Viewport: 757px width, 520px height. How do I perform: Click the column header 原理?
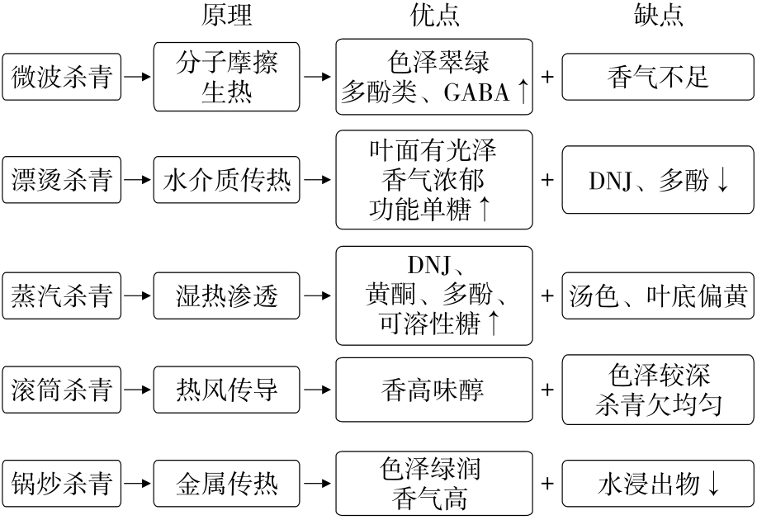pyautogui.click(x=227, y=16)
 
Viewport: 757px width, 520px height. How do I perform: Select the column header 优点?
pyautogui.click(x=435, y=16)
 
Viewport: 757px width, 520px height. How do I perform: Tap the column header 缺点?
pyautogui.click(x=658, y=16)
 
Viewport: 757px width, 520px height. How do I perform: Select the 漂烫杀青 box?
pyautogui.click(x=62, y=179)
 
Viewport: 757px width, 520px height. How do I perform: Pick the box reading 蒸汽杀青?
pyautogui.click(x=62, y=295)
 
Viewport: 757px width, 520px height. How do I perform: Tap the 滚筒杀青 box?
pyautogui.click(x=62, y=390)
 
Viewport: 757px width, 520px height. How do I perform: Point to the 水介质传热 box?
pyautogui.click(x=227, y=179)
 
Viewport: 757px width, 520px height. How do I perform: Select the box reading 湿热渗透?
pyautogui.click(x=227, y=295)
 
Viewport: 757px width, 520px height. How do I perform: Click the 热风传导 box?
pyautogui.click(x=227, y=390)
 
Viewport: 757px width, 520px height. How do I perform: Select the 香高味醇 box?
pyautogui.click(x=434, y=390)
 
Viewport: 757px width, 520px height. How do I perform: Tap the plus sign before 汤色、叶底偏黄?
pyautogui.click(x=547, y=295)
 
